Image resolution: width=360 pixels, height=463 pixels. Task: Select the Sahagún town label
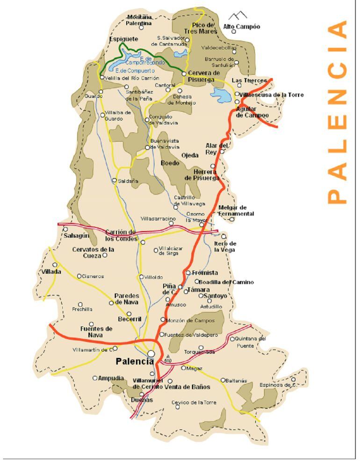click(x=76, y=236)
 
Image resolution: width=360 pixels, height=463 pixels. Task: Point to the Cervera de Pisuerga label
click(x=203, y=76)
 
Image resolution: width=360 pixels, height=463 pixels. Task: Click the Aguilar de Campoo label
click(x=252, y=112)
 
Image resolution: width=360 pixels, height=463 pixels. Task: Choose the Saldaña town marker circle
click(x=115, y=180)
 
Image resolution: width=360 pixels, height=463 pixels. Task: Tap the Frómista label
click(x=205, y=273)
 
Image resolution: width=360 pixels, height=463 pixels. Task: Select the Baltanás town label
click(x=236, y=381)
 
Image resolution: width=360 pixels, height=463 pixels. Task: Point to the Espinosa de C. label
click(x=278, y=385)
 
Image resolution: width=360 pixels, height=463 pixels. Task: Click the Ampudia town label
click(x=111, y=378)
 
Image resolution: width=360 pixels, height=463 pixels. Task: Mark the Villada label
click(x=51, y=272)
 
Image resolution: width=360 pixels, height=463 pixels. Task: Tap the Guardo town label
click(x=93, y=96)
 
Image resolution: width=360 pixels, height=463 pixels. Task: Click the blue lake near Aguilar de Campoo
click(x=222, y=95)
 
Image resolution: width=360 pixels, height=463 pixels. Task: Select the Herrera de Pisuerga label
click(x=202, y=175)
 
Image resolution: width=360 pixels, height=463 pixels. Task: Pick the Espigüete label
click(x=123, y=39)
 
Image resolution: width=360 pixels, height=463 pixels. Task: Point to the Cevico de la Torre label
click(x=194, y=402)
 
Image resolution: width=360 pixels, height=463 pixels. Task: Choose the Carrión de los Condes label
click(x=121, y=235)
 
